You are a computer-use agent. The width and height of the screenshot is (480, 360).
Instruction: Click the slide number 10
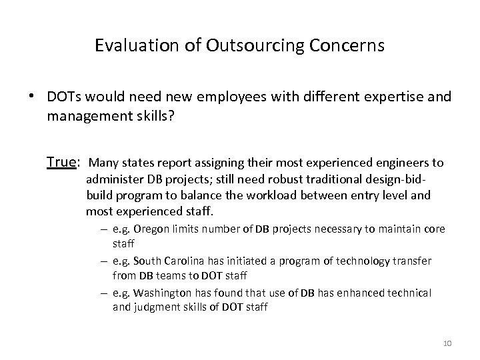coord(447,343)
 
